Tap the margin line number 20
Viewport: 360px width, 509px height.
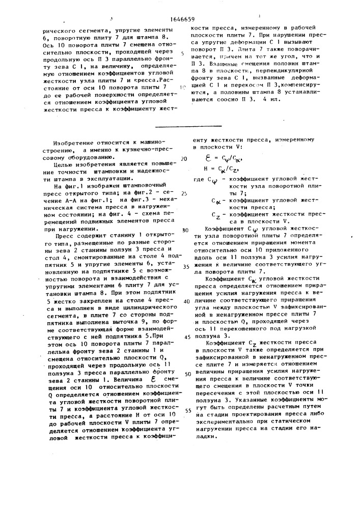tap(184, 159)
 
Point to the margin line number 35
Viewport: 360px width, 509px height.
tap(185, 266)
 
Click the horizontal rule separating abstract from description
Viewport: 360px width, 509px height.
tap(188, 126)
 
